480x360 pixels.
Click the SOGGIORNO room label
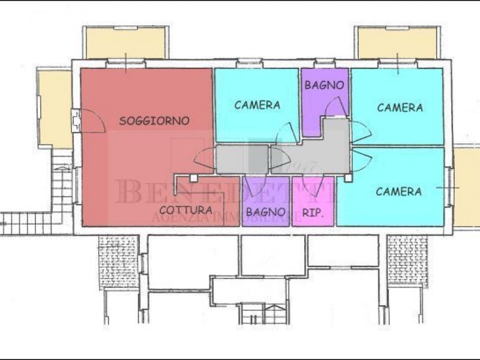click(x=154, y=121)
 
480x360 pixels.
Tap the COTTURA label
click(x=185, y=211)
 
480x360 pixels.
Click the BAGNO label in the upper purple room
click(x=325, y=85)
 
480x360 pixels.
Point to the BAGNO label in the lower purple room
click(x=265, y=211)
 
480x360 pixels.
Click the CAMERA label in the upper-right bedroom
click(x=400, y=108)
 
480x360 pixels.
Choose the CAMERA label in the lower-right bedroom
click(x=398, y=192)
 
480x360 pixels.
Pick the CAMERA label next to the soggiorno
click(x=257, y=105)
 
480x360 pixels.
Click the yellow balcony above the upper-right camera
click(x=396, y=43)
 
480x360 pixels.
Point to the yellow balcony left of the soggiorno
click(x=53, y=108)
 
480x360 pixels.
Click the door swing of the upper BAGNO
click(x=333, y=108)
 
